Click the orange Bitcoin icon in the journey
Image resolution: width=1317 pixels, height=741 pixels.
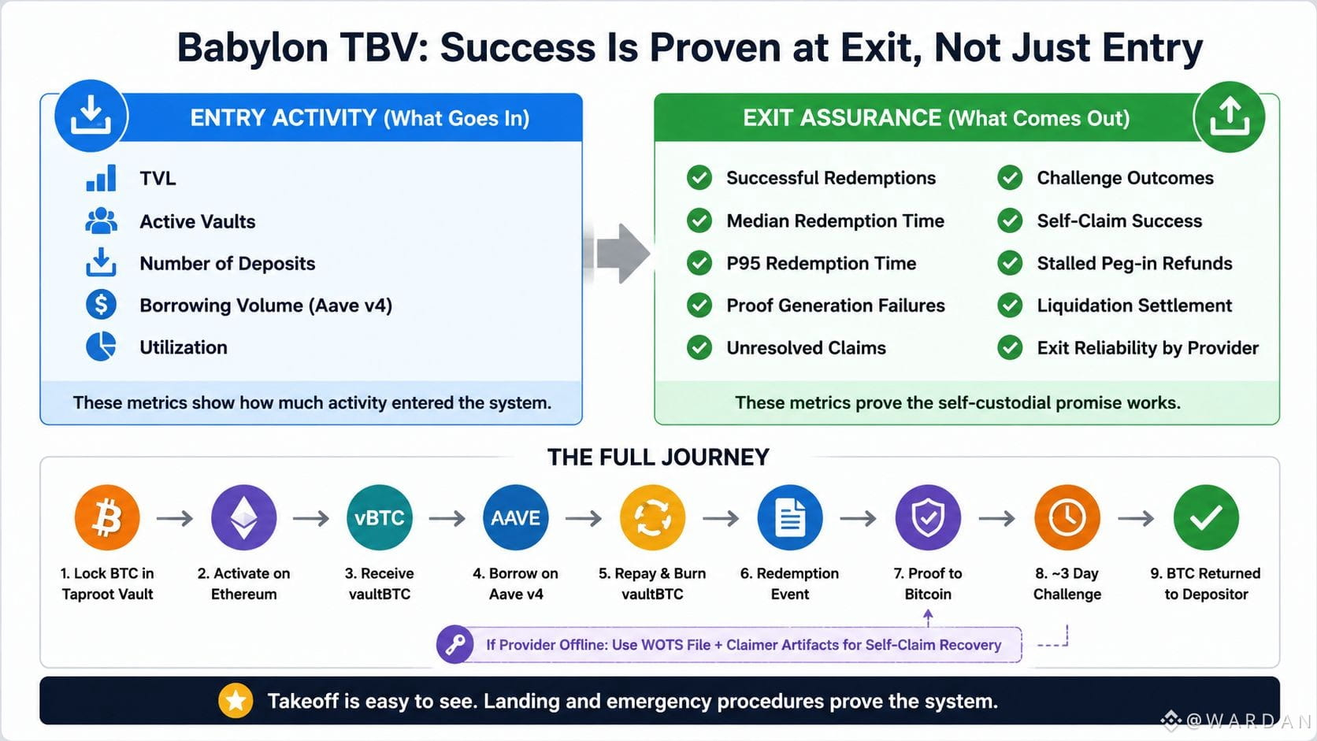107,517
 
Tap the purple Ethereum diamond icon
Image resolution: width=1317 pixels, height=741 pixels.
243,517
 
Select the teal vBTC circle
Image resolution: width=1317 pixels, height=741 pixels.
380,517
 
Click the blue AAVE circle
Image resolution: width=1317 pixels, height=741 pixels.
516,517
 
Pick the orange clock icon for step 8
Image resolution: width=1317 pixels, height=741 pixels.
1067,517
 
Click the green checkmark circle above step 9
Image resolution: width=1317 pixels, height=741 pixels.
1206,517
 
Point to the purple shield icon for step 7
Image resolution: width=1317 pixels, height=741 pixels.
928,517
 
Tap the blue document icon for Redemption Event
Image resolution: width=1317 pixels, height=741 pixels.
789,517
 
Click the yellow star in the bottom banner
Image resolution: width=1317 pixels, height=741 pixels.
236,701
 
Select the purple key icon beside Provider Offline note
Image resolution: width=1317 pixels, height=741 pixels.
455,645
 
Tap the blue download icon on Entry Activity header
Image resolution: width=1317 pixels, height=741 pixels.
91,116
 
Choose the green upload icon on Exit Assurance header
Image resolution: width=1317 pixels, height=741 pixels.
1230,117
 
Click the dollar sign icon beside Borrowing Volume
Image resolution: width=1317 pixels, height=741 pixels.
101,305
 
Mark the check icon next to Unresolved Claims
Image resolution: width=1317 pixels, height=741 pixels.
699,347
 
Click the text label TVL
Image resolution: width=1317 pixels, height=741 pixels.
158,178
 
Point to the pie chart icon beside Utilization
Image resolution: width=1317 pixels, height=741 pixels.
101,346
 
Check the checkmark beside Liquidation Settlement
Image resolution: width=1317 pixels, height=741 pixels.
1010,305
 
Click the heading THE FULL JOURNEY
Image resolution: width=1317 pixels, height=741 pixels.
658,458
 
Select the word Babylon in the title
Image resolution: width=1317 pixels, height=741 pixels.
253,48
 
